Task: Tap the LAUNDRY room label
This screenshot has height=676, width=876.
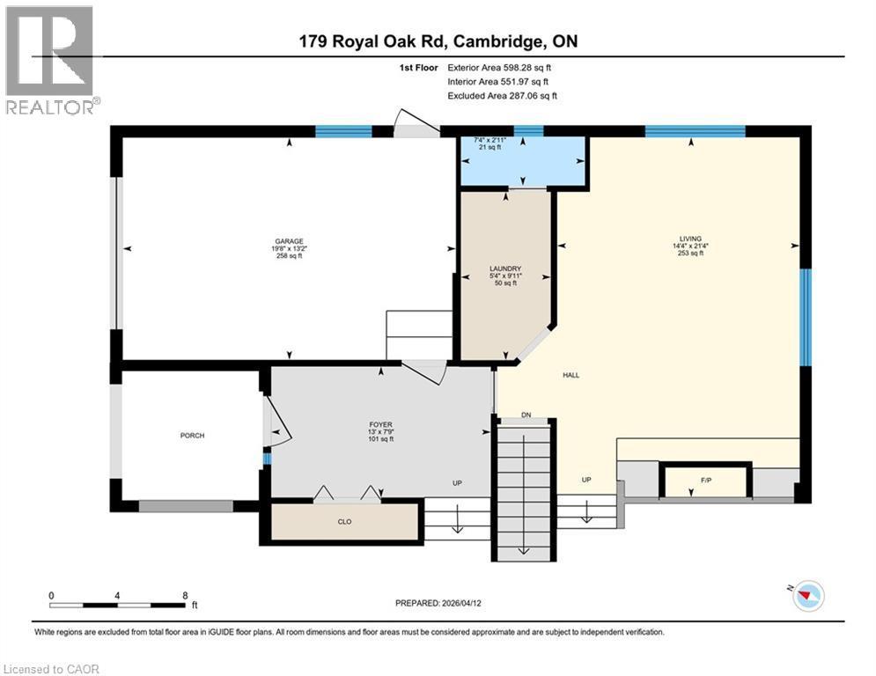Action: tap(505, 268)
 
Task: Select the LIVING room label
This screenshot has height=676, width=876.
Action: tap(689, 237)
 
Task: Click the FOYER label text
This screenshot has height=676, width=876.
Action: tap(380, 424)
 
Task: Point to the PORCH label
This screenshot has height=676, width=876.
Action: tap(192, 435)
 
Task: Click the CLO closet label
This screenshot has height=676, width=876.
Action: tap(344, 522)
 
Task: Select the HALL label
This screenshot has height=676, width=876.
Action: tap(571, 375)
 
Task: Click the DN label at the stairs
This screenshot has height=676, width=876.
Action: tap(526, 415)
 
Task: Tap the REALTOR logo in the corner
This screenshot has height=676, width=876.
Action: tap(51, 60)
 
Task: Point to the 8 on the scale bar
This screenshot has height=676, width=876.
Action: tap(184, 595)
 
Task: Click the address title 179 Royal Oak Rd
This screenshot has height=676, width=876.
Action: tap(438, 40)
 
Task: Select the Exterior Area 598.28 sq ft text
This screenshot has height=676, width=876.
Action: tap(499, 67)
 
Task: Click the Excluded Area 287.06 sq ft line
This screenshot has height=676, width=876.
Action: tap(502, 96)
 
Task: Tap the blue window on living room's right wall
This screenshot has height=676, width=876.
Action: tap(805, 316)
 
